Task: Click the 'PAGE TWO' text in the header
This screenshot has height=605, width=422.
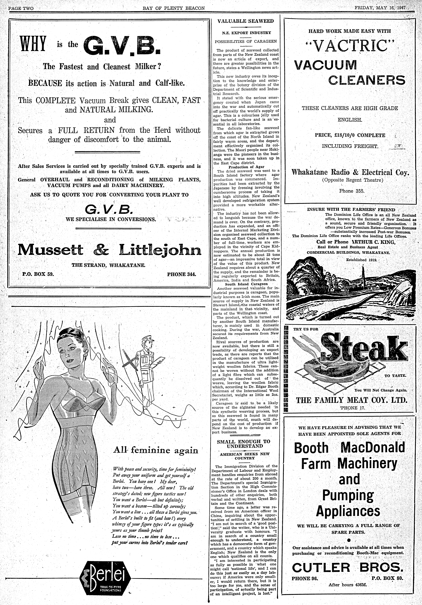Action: (21, 8)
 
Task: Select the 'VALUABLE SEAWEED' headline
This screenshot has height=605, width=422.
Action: (245, 21)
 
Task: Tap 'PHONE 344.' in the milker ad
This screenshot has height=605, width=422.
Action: (182, 274)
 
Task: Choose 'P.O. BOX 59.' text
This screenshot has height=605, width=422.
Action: (38, 274)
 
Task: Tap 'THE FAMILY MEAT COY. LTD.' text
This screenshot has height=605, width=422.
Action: (352, 400)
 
